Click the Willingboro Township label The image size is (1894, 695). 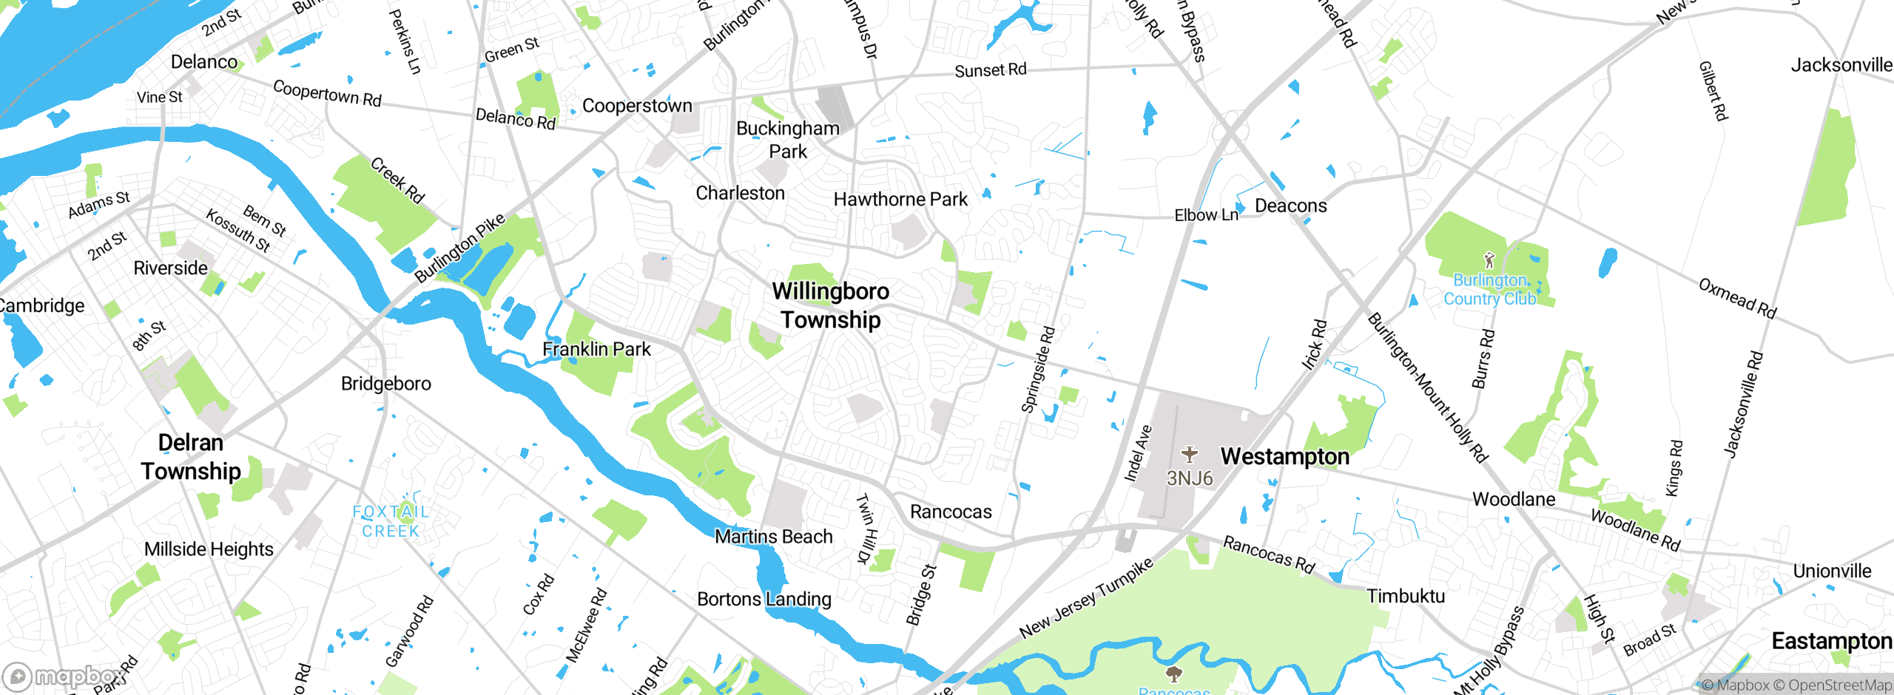(830, 305)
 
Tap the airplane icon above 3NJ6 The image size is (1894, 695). (1189, 453)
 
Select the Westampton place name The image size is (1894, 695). (1284, 457)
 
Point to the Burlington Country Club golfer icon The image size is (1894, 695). (1489, 260)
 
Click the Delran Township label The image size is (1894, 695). (191, 457)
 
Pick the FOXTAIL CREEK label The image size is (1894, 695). (391, 521)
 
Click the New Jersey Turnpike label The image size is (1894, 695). (1086, 599)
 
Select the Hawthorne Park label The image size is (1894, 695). (900, 200)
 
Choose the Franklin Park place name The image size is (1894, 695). (596, 349)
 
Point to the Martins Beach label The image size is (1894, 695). (773, 537)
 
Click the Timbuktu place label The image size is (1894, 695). (1405, 596)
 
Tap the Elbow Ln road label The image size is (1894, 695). (1206, 215)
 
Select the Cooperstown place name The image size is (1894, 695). (637, 106)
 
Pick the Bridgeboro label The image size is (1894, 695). (385, 384)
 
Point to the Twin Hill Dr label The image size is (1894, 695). (866, 528)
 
